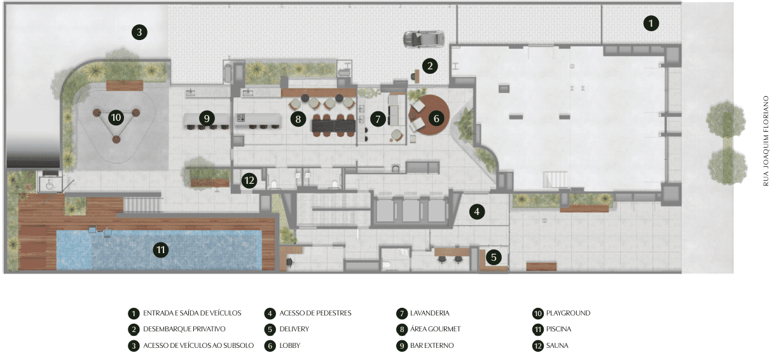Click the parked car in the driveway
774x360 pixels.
[x=424, y=39]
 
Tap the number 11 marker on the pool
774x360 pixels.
[x=161, y=250]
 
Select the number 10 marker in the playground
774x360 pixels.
[x=116, y=118]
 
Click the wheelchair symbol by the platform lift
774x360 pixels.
[x=50, y=185]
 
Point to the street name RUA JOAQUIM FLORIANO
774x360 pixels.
[x=766, y=141]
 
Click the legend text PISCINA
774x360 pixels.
[x=558, y=329]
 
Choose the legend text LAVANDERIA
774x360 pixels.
[x=429, y=313]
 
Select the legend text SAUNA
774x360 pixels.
[x=557, y=345]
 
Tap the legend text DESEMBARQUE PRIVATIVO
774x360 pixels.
[x=184, y=329]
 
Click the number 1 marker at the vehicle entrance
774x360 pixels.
[x=651, y=24]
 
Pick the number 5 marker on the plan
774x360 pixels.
[x=494, y=257]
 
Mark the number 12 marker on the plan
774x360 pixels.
[x=249, y=181]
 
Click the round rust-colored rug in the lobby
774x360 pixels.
[x=430, y=114]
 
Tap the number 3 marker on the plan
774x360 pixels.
[x=139, y=32]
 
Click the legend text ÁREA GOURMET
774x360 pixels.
[x=436, y=329]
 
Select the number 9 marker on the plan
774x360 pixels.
[x=207, y=118]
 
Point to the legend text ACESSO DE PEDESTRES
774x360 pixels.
[x=315, y=313]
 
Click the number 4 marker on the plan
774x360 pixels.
[x=477, y=211]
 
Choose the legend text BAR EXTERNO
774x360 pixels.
[x=432, y=345]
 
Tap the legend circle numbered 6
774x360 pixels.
[x=270, y=346]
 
